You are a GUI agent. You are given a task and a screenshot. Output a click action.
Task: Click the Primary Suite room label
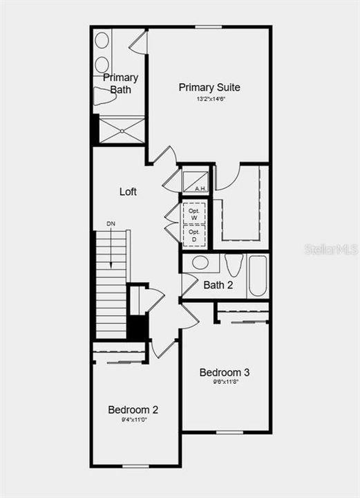click(209, 87)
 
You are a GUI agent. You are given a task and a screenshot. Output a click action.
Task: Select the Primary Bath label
click(121, 84)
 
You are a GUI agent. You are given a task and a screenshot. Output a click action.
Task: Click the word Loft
click(128, 192)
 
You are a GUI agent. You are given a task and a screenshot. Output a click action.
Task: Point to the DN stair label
click(111, 223)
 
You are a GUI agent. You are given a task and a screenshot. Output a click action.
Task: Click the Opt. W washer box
click(194, 213)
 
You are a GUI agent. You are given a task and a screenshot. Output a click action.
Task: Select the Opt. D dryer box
click(194, 237)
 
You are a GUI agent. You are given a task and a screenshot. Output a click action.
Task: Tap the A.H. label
click(200, 188)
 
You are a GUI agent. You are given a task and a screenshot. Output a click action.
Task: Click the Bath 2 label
click(218, 285)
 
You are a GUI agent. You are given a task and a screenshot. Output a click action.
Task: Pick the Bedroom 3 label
click(225, 372)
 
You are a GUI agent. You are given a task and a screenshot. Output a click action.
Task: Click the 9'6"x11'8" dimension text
click(225, 383)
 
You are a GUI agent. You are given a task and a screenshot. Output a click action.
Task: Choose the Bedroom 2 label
click(133, 409)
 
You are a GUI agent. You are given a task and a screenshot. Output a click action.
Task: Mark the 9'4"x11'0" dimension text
click(133, 420)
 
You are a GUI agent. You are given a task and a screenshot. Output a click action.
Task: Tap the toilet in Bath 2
click(233, 266)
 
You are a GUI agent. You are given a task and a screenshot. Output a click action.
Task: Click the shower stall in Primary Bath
click(122, 130)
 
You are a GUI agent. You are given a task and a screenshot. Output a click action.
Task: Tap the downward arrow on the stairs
click(111, 256)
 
